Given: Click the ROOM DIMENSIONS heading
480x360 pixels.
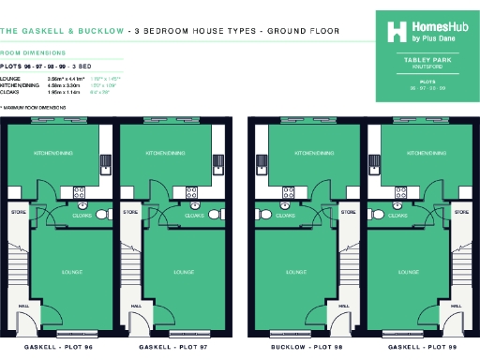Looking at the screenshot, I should [33, 53].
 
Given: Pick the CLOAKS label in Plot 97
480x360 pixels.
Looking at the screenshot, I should [194, 215].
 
